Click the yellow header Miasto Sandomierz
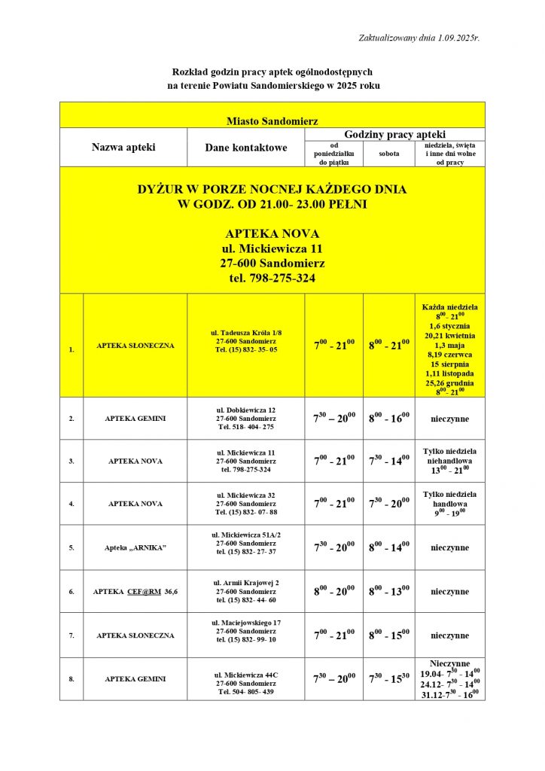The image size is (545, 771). [272, 120]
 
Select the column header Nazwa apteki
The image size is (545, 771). [123, 148]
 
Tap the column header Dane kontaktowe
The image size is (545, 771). [245, 148]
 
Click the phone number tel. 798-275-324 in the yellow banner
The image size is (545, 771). [272, 279]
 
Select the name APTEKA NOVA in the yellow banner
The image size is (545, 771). [272, 233]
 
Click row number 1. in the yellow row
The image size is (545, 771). [72, 349]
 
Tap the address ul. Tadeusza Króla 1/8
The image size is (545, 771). [246, 332]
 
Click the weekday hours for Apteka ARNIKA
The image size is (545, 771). [334, 547]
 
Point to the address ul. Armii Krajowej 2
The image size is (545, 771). [246, 583]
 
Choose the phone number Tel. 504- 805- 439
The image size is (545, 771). [246, 692]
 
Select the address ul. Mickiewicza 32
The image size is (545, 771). [246, 495]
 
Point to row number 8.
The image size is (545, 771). [72, 679]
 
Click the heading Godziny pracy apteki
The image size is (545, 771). [394, 134]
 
